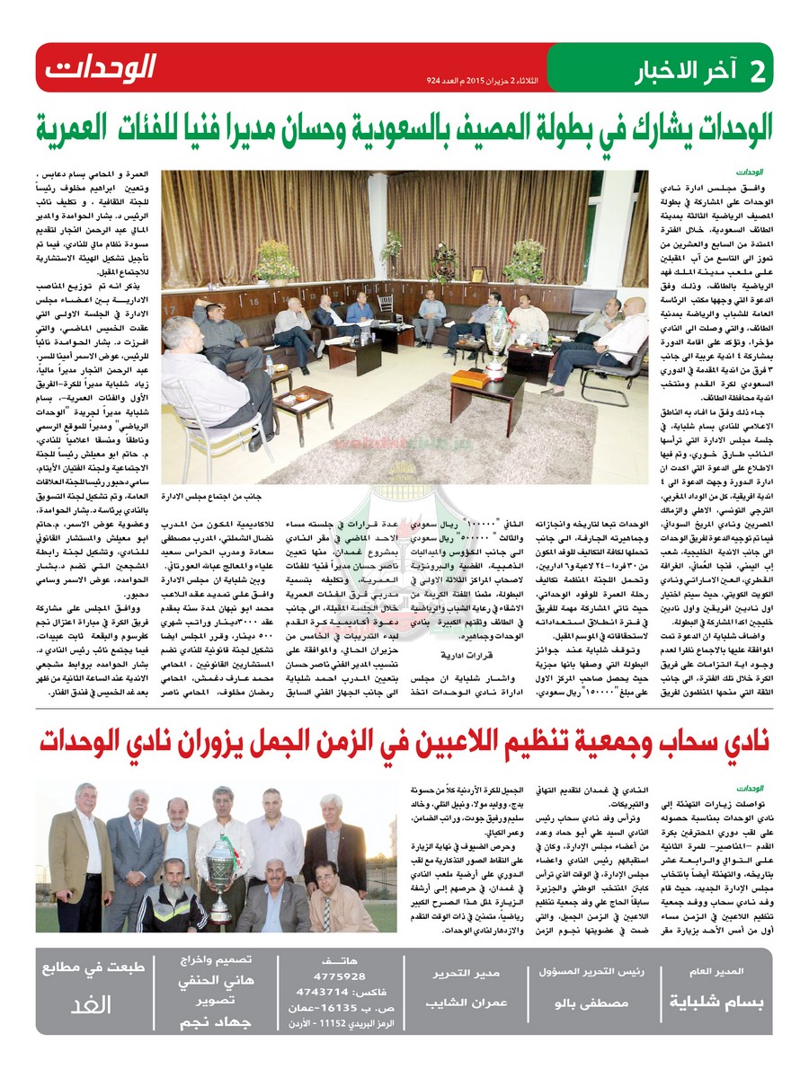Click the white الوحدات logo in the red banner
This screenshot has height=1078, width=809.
click(102, 66)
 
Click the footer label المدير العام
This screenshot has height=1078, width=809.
click(723, 972)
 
